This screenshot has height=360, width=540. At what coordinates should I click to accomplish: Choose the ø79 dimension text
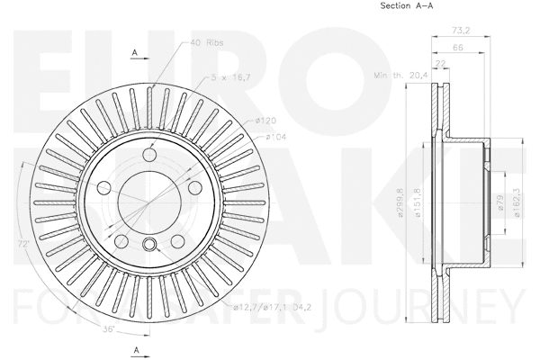click(x=498, y=202)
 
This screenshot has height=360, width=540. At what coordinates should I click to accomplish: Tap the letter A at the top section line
click(x=134, y=54)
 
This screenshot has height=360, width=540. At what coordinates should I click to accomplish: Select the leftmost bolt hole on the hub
click(x=103, y=188)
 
